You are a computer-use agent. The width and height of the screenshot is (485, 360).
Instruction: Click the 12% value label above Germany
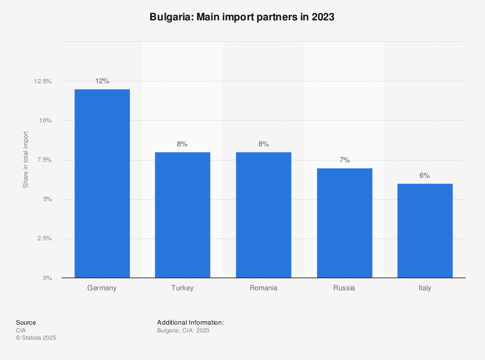point(102,81)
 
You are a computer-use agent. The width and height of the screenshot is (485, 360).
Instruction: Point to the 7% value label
point(344,160)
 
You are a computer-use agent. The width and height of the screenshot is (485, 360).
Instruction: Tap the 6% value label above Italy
point(425,175)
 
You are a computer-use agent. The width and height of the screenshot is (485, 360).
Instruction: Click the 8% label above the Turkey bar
point(182,144)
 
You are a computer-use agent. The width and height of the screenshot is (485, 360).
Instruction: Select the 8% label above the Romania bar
point(263,144)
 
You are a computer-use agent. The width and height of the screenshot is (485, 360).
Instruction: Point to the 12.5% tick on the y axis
point(43,81)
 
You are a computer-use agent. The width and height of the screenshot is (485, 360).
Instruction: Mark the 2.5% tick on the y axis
point(44,238)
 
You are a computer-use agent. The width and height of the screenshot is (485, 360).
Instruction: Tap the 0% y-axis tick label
point(48,278)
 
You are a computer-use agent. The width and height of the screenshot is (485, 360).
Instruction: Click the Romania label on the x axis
point(263,288)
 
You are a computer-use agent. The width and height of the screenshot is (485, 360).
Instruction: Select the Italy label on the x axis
point(425,288)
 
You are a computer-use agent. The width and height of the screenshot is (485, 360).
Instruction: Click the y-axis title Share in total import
point(26,160)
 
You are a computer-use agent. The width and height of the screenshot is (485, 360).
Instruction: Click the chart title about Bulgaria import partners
point(242,17)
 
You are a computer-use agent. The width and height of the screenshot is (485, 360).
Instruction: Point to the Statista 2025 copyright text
point(36,338)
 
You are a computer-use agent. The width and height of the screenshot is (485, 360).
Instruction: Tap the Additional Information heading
point(190,322)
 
